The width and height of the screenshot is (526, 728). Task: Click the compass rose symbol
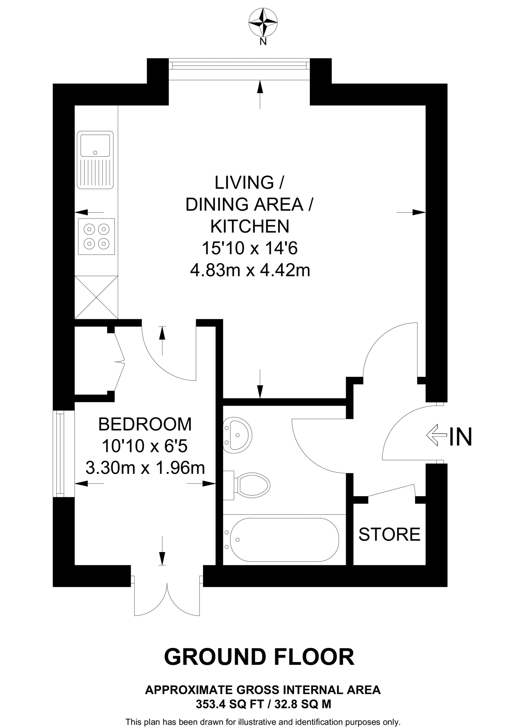click(x=263, y=22)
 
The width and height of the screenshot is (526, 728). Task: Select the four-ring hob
click(x=96, y=236)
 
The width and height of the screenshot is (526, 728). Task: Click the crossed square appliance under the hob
click(x=96, y=297)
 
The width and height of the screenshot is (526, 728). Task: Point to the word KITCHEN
click(x=250, y=226)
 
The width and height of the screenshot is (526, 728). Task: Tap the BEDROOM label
click(x=145, y=424)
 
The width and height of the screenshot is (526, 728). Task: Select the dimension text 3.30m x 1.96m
click(x=145, y=468)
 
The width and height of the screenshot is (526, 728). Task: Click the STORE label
click(x=389, y=534)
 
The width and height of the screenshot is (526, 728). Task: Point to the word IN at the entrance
click(x=460, y=437)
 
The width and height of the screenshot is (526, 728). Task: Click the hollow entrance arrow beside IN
click(x=436, y=435)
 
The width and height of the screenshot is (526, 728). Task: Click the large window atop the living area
click(x=239, y=65)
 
